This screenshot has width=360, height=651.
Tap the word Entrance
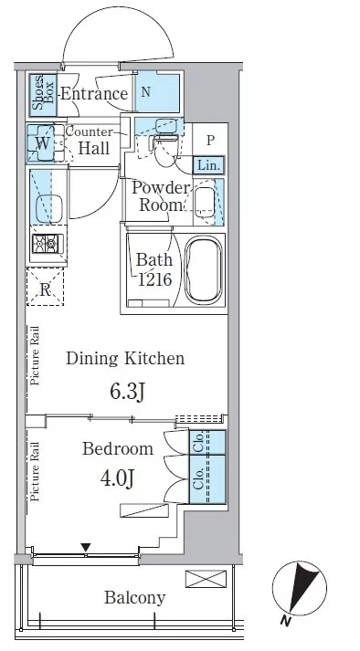pyautogui.click(x=94, y=93)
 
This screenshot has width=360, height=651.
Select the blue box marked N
pyautogui.click(x=158, y=91)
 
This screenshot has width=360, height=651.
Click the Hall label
pyautogui.click(x=94, y=148)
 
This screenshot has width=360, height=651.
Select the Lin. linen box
pyautogui.click(x=208, y=165)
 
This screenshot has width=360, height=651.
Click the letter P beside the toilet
pyautogui.click(x=210, y=141)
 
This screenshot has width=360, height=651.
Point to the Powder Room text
pyautogui.click(x=161, y=196)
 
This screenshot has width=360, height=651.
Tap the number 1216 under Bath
pyautogui.click(x=154, y=279)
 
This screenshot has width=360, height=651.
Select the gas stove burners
pyautogui.click(x=47, y=243)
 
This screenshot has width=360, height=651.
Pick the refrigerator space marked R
pyautogui.click(x=45, y=287)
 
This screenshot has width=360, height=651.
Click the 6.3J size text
pyautogui.click(x=127, y=391)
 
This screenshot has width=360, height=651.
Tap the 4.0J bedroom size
pyautogui.click(x=117, y=478)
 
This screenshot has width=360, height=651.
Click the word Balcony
pyautogui.click(x=135, y=598)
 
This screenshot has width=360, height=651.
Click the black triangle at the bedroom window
pyautogui.click(x=86, y=547)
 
